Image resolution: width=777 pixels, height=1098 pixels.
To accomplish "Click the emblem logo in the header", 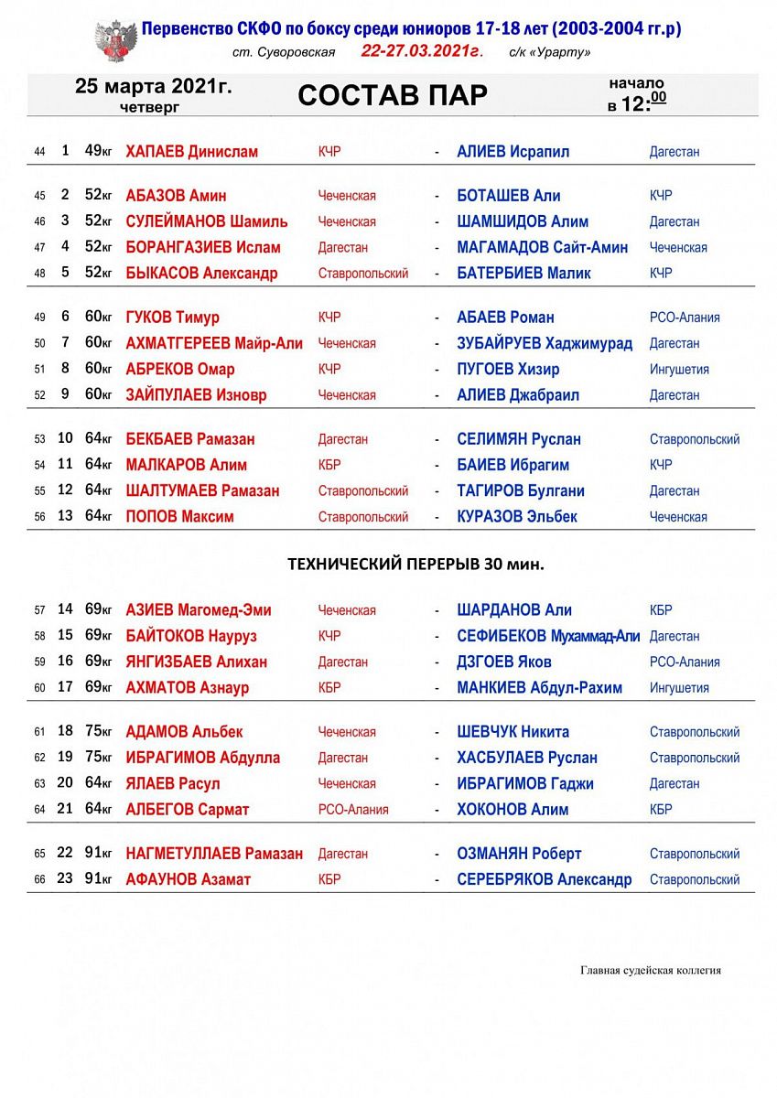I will pos(116,39).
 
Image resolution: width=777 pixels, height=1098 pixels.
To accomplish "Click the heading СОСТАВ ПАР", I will pos(393,95).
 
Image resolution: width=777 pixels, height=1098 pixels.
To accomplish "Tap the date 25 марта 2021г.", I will pos(154,87).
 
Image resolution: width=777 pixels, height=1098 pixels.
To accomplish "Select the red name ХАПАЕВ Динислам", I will pos(191,152).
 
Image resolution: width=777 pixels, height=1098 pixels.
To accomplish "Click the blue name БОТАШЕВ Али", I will pos(509,196).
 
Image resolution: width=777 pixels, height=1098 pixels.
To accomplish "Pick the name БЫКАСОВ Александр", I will pos(201,273).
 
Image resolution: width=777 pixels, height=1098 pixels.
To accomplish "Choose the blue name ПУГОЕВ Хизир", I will pos(508,369).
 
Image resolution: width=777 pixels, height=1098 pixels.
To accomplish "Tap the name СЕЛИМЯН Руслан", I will pos(519,439).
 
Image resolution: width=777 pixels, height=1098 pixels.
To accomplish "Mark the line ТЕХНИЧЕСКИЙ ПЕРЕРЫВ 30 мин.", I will pos(416,564).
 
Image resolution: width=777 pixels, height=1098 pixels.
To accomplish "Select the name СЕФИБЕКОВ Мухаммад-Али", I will pos(548,636).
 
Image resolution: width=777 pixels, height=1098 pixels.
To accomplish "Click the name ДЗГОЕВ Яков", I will pos(504,662).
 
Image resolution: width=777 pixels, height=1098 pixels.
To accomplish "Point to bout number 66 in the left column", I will pos(39,880).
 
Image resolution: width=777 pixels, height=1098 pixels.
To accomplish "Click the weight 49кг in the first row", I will pos(98,152).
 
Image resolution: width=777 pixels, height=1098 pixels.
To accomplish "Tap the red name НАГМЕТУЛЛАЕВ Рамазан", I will pos(214,854).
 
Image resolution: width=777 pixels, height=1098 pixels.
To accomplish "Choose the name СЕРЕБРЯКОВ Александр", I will pos(545,879).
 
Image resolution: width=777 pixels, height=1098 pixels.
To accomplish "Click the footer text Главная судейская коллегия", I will pos(650,970).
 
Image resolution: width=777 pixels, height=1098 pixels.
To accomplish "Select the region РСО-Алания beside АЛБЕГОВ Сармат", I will pos(353,810).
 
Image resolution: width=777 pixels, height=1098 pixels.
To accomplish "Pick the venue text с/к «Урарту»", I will pos(549,52).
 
